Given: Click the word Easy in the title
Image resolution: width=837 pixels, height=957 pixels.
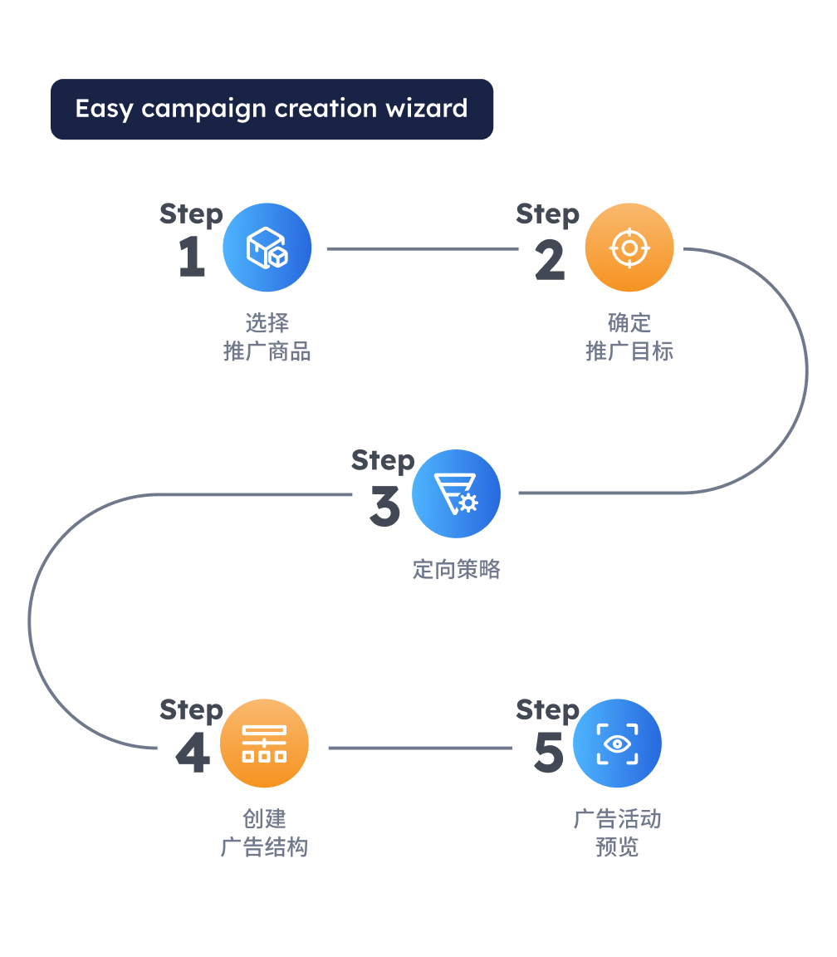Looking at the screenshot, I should pos(104,110).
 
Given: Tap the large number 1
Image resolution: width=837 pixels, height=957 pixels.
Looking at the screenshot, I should pos(192,257).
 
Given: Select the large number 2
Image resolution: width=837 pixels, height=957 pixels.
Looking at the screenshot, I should pos(549,260).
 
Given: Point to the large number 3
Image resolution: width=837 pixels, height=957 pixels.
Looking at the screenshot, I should pos(384,507).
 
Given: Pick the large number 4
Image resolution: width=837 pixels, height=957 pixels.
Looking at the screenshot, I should pos(193,754).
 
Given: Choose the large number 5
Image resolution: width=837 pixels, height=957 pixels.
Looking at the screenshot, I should pos(549,753).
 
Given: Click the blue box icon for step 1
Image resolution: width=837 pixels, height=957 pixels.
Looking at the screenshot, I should pos(267,248).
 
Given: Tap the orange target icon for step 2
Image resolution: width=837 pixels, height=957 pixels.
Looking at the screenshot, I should pos(629,248).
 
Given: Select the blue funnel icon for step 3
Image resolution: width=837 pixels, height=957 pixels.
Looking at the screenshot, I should pos(456,494).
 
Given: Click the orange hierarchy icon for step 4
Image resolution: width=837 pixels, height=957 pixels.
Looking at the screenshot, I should pos(264,744).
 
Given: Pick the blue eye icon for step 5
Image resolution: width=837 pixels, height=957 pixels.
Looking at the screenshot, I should pos(617,744).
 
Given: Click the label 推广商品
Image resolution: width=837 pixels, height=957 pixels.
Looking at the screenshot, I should pos(267,351).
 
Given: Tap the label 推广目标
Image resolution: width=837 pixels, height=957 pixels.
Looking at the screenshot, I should pos(629,351).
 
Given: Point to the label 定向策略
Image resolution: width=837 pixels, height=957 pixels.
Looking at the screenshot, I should pos(457,569).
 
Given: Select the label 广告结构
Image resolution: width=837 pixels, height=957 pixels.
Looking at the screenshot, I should pos(264,847).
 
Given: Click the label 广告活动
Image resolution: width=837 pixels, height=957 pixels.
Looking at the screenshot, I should pos(617,819).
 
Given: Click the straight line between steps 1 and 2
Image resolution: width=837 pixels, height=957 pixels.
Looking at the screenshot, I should pos(422,248).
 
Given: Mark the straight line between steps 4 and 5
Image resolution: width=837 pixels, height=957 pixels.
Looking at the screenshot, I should pos(420,748).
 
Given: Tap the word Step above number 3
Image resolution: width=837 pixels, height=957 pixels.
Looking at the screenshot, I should pos(383,460).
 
